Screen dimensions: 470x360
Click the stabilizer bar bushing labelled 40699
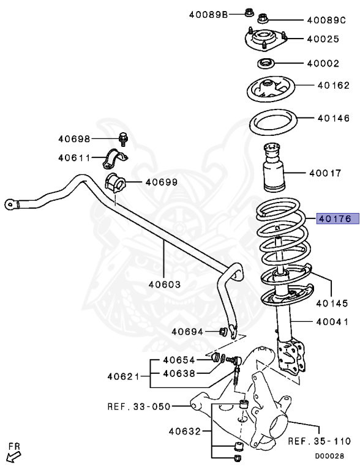tap(114, 182)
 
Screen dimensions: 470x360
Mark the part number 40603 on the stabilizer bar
tap(164, 283)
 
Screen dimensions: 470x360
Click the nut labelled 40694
tap(223, 332)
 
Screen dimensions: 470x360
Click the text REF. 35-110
tap(319, 440)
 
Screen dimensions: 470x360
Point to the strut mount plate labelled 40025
tap(264, 41)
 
